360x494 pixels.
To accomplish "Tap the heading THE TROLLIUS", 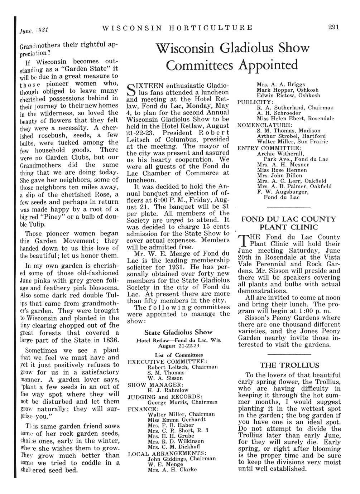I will tap(289, 365).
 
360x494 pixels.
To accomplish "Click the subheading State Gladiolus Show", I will tap(178, 332).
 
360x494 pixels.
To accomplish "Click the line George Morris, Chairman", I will tap(182, 402).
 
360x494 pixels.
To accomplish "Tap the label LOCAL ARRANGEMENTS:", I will tap(167, 454).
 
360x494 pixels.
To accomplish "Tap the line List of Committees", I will tap(179, 355).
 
